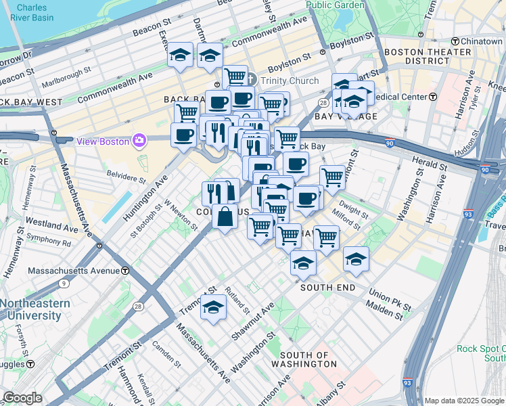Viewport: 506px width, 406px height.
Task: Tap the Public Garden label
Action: (335, 5)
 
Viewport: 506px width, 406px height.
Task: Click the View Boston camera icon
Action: (140, 140)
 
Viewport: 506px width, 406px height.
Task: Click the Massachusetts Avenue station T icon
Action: (125, 271)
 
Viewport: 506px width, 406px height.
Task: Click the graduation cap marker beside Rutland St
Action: (214, 307)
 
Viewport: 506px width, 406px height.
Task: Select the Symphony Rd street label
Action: (48, 240)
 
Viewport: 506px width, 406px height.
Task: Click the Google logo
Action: (22, 398)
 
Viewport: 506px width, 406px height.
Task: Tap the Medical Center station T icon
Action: (433, 96)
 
